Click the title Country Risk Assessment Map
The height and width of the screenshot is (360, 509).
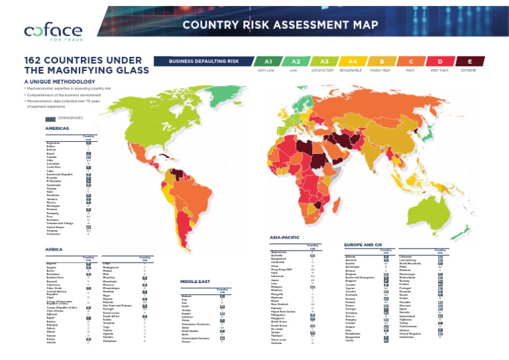click(280, 26)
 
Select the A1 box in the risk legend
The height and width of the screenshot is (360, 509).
click(266, 61)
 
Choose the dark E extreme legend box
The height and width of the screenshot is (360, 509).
click(471, 61)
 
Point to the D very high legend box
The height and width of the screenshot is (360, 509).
click(441, 61)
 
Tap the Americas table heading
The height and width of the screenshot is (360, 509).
click(57, 129)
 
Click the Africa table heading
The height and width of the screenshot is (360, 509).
click(54, 249)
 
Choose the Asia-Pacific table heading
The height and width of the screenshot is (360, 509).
click(286, 237)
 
